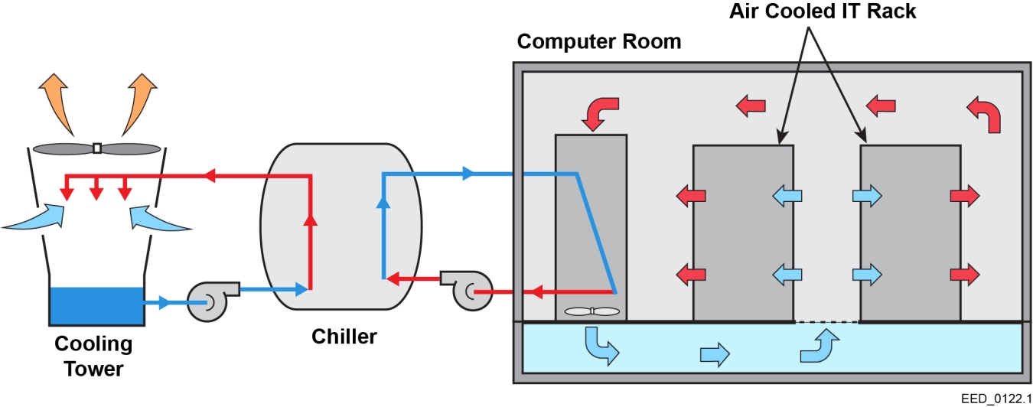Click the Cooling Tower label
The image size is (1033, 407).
click(x=93, y=357)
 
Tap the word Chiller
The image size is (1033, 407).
click(x=344, y=336)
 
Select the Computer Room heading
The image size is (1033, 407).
click(x=598, y=41)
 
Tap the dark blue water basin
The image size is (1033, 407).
click(x=96, y=305)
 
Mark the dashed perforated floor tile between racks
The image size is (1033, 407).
click(x=826, y=322)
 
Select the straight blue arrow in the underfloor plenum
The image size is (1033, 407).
click(x=715, y=354)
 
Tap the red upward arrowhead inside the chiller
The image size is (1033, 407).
click(x=310, y=221)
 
